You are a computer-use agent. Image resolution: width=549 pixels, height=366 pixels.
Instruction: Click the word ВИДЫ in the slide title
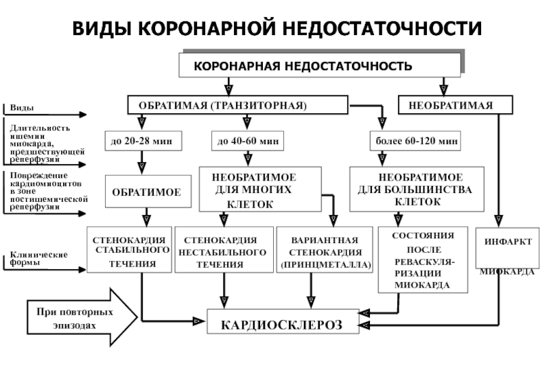click(102, 29)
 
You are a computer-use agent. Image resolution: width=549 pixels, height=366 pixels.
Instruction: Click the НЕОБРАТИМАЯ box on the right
click(455, 105)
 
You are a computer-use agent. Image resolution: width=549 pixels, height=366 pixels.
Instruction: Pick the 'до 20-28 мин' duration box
click(142, 141)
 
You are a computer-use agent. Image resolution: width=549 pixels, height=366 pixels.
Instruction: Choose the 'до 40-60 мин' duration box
click(248, 141)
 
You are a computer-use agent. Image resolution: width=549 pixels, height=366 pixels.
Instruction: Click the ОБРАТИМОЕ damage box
click(146, 193)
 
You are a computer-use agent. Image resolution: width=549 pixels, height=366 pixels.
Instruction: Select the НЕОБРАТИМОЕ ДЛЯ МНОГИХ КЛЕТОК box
click(259, 189)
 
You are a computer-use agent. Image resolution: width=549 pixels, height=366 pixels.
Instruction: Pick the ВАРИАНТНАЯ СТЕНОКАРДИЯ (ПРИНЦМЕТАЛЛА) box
click(325, 251)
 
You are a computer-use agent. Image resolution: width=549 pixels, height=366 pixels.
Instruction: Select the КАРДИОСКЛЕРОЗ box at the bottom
click(283, 322)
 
